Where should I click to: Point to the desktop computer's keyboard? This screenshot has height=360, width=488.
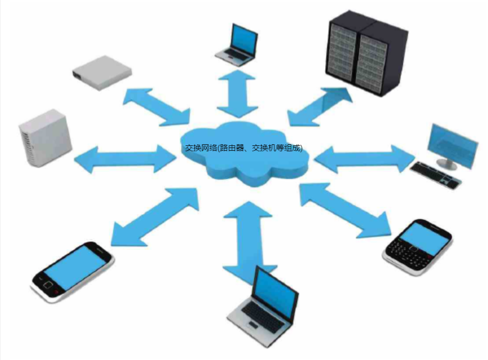click(435, 175)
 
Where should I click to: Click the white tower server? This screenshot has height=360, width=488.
click(45, 138)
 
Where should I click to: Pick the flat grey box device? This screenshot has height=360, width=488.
click(101, 71)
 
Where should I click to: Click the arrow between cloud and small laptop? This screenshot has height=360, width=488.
click(238, 93)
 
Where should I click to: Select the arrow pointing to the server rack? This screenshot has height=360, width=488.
click(320, 107)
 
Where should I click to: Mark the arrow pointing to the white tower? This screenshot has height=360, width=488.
click(125, 159)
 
